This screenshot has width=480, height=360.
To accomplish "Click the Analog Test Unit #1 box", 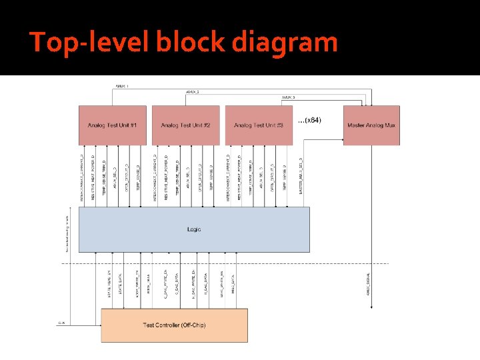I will pos(112,125).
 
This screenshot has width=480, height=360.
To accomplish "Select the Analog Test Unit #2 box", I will pos(185,125).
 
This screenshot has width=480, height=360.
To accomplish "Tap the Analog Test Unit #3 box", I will pos(259,125).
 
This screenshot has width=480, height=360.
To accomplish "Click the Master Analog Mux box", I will pos(371,125).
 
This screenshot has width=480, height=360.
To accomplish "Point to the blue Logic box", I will pos(194,229).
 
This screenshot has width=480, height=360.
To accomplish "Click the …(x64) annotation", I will pos(309,120).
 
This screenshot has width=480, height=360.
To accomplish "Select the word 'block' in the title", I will pos(191,43).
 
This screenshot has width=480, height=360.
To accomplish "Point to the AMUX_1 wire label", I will pos(122,86).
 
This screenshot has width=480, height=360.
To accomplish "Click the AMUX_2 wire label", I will pos(193,91).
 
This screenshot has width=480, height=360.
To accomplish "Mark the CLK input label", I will pos(61,323).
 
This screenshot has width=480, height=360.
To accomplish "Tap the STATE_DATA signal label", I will pos(121,283).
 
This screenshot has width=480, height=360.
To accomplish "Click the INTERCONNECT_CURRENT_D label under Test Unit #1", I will pos(83,177).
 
